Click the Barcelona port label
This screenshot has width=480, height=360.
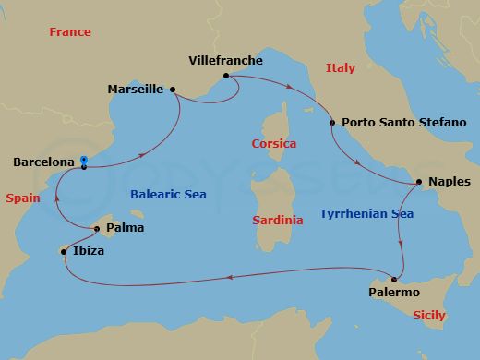(43, 162)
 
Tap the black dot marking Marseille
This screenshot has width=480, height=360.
(174, 90)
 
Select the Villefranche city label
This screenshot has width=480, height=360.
(225, 61)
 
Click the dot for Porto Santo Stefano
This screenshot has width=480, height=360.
(332, 122)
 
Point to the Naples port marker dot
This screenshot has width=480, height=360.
(419, 182)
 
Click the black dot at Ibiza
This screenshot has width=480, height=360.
(64, 250)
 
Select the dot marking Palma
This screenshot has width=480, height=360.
(97, 227)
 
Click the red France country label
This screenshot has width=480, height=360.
(70, 32)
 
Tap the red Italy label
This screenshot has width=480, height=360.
(340, 67)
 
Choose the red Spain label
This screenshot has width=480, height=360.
(21, 198)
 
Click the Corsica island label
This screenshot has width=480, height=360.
(274, 144)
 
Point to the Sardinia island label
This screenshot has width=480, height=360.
(277, 221)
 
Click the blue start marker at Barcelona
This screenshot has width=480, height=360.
(84, 159)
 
